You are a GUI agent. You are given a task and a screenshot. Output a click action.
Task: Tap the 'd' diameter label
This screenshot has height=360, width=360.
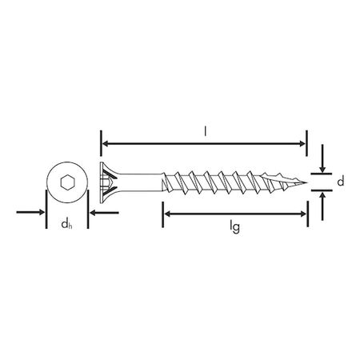click(341, 182)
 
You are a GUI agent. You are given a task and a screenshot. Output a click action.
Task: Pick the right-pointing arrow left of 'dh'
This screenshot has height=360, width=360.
click(38, 213)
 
